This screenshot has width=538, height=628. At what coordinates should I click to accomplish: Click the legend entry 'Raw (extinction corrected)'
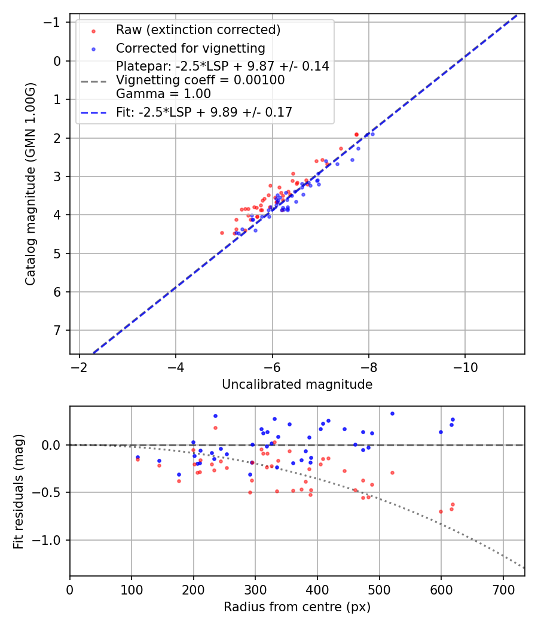(198, 30)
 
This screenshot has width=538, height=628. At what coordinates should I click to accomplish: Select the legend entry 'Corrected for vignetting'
(190, 48)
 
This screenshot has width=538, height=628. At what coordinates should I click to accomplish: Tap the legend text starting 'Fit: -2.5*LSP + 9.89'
(204, 112)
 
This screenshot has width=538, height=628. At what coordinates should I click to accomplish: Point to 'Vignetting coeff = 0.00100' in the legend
(200, 80)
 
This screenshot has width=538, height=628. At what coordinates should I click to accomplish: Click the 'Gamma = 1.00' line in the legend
(163, 94)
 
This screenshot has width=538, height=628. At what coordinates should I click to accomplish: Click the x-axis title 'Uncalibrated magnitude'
(297, 385)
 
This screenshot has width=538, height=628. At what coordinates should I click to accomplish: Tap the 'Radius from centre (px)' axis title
(297, 607)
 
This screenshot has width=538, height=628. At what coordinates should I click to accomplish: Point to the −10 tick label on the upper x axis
(465, 367)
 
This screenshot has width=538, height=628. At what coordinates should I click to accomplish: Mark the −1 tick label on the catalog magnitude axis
(54, 23)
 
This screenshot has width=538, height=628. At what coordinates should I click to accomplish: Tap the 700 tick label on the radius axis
(503, 589)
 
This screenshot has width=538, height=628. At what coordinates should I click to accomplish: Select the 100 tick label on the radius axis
(132, 589)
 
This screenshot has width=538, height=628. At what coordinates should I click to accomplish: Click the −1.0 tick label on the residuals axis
(50, 541)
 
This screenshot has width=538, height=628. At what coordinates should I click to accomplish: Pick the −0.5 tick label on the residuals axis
(50, 493)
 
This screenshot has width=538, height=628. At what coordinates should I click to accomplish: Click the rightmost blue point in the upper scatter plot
(372, 134)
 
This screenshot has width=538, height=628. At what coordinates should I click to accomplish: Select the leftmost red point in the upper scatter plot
(222, 233)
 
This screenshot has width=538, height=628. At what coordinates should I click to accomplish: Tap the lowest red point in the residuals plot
(441, 511)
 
